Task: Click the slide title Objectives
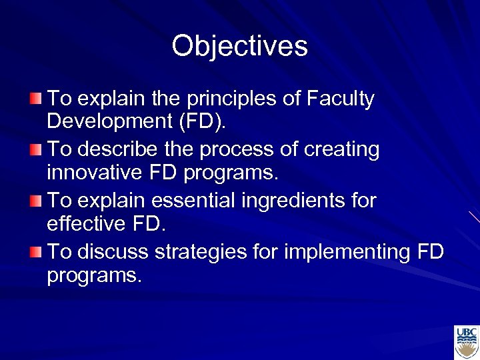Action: [239, 46]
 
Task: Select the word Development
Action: [101, 121]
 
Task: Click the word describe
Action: [114, 150]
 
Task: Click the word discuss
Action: [112, 252]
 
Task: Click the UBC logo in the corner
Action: [466, 342]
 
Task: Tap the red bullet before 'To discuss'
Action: [35, 252]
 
